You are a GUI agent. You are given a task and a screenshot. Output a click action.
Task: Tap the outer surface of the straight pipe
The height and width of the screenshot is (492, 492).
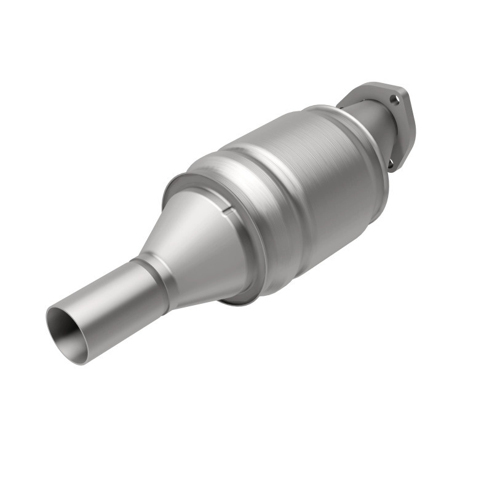tap(111, 307)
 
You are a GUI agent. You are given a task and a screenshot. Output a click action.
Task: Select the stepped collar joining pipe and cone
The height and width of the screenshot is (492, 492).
tap(148, 277)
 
